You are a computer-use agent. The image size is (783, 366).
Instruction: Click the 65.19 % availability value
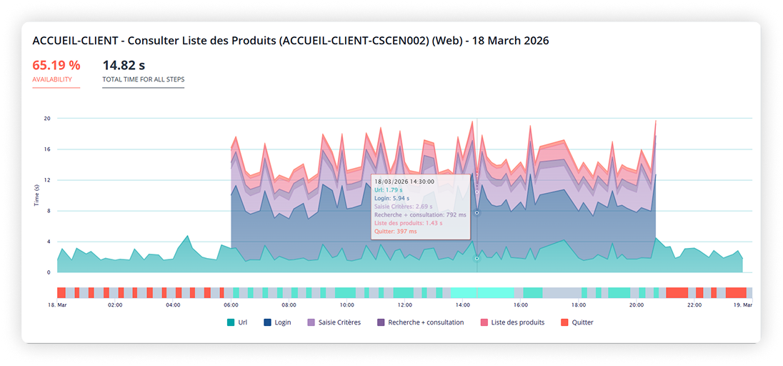56,65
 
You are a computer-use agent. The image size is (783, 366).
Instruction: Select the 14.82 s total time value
129,65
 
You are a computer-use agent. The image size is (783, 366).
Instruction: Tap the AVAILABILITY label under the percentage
52,79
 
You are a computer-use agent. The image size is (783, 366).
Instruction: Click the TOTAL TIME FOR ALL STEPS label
144,79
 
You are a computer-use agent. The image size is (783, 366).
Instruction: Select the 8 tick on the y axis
48,211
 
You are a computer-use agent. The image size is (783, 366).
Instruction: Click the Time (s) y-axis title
36,195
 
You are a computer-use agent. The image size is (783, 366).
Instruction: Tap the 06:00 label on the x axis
231,305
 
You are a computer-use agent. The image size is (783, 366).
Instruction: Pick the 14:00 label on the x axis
462,305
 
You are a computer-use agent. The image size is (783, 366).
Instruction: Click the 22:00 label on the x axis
694,305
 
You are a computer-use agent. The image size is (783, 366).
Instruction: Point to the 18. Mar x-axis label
57,305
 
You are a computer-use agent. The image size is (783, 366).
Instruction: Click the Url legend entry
238,322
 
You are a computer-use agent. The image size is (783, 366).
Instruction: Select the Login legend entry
277,322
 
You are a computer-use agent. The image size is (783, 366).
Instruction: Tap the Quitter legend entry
577,322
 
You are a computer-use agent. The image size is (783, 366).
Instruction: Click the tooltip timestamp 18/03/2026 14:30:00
404,182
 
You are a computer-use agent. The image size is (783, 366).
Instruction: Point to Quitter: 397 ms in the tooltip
395,231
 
